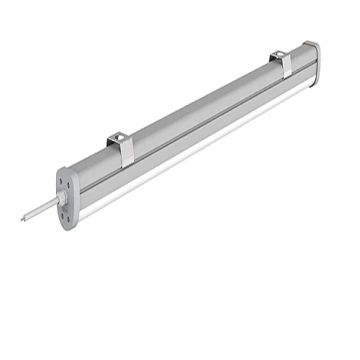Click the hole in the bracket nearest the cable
(x=118, y=135)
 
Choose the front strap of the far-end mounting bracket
(x=287, y=66)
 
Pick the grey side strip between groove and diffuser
(x=202, y=135)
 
